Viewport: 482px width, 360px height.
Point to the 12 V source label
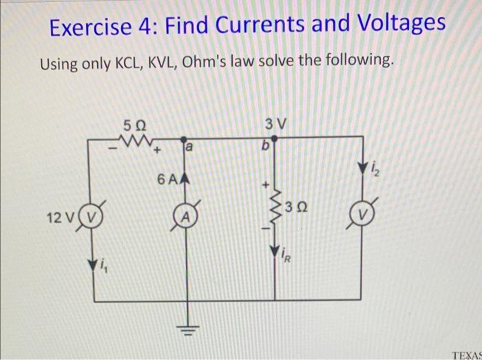click(59, 219)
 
